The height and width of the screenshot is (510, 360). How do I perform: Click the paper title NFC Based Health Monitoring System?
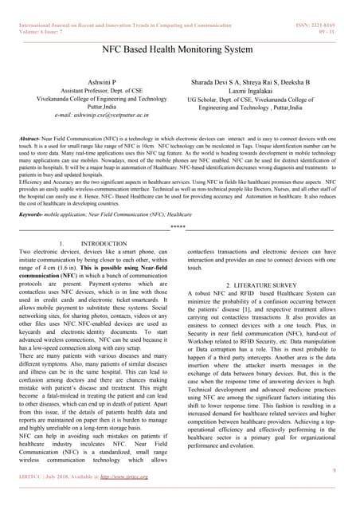click(179, 49)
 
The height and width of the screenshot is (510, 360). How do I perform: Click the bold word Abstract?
click(31, 139)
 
